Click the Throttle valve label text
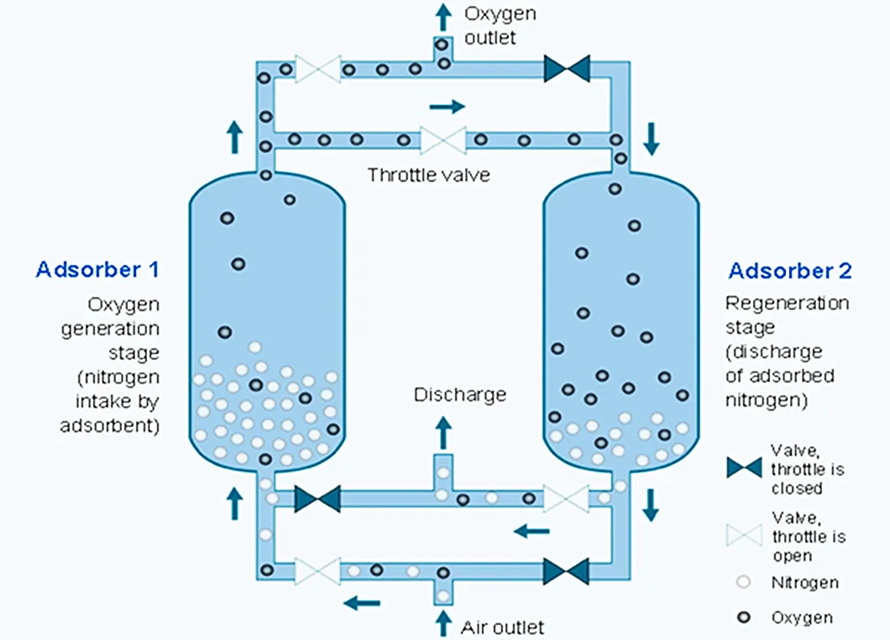click(428, 175)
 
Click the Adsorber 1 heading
click(97, 270)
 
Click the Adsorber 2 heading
click(790, 271)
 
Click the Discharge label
click(460, 394)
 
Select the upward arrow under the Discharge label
click(442, 430)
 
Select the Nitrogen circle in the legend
click(743, 582)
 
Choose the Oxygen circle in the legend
click(743, 618)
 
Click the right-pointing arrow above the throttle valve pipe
click(446, 107)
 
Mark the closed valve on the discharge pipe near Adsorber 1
click(317, 498)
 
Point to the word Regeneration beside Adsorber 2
click(787, 303)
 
